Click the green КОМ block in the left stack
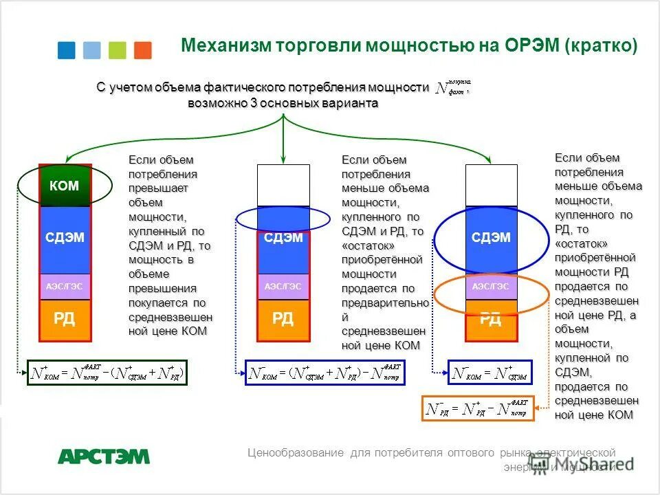click(65, 186)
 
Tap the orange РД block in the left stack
click(65, 320)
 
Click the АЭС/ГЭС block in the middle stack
click(283, 286)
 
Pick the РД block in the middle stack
click(283, 320)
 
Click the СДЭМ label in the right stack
click(491, 238)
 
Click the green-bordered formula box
click(107, 372)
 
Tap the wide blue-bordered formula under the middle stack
click(325, 372)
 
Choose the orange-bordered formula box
click(477, 408)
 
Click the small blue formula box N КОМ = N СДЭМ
click(490, 372)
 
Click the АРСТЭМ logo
click(103, 456)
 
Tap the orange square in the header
click(143, 50)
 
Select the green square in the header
click(118, 50)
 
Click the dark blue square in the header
click(66, 50)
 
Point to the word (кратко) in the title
click(601, 46)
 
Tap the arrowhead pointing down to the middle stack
click(283, 159)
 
